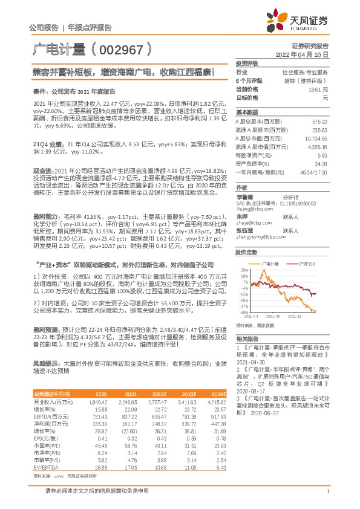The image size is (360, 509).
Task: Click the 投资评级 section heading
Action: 246,63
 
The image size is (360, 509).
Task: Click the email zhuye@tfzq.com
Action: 253,222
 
